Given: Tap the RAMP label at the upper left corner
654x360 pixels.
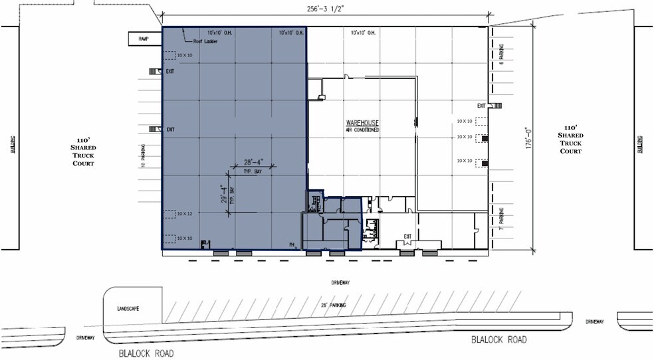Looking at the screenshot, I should (x=144, y=39).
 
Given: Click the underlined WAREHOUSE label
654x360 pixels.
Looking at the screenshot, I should (x=362, y=124).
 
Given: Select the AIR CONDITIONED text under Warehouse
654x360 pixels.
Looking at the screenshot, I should (x=362, y=130).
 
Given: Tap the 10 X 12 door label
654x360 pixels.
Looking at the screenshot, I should (x=184, y=214).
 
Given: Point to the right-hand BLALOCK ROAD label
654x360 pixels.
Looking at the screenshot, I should (x=498, y=339).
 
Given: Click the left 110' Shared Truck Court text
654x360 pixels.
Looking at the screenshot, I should (x=84, y=152).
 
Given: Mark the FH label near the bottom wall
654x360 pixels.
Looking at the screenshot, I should (x=292, y=244).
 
